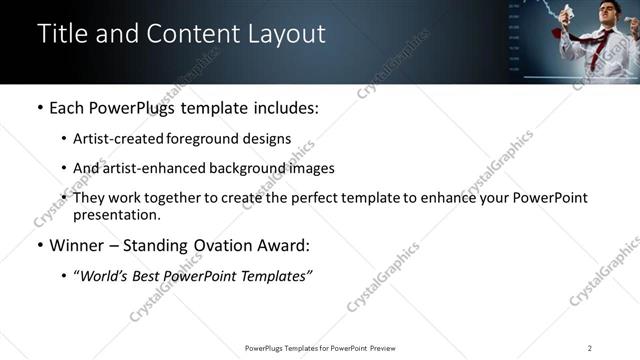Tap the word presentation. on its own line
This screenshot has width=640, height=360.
(116, 214)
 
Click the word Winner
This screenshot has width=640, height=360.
(75, 245)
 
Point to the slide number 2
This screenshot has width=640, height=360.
(590, 348)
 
